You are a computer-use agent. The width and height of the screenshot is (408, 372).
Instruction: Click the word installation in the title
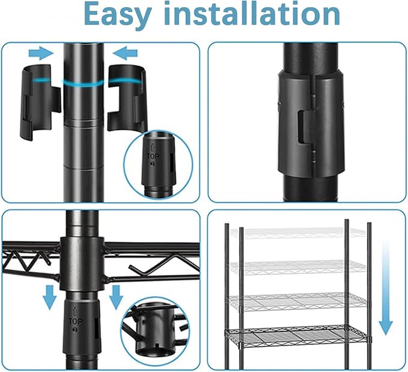[252, 13]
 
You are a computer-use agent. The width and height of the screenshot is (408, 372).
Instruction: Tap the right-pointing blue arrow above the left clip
[41, 53]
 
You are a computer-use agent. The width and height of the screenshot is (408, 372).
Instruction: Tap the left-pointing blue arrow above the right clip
[125, 53]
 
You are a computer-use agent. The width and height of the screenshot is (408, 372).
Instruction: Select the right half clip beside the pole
[127, 99]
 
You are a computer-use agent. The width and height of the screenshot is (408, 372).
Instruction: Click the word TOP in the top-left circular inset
[153, 157]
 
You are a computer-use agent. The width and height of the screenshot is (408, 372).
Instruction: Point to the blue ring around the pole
[83, 83]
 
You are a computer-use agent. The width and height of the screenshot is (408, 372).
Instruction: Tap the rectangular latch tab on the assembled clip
[307, 126]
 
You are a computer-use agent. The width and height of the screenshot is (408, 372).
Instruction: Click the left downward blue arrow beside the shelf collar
[49, 297]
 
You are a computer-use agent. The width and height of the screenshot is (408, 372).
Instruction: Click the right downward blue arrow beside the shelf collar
[116, 297]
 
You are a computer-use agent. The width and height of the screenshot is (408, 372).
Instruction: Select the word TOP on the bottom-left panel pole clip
[76, 321]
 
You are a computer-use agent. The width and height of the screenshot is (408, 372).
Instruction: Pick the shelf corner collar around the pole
[82, 264]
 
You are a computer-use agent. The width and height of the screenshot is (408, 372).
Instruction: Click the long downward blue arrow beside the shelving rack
[386, 288]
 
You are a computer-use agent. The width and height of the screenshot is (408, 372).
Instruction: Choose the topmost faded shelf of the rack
[297, 233]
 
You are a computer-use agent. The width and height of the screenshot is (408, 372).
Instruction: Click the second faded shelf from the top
[297, 267]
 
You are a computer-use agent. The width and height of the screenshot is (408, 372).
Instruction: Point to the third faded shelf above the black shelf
[297, 302]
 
